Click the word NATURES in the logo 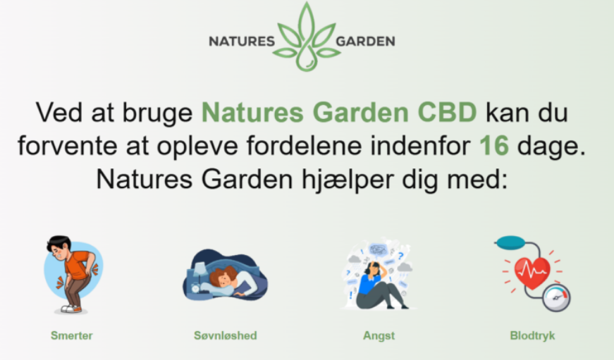pyautogui.click(x=242, y=41)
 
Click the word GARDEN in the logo pyautogui.click(x=365, y=41)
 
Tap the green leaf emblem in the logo pyautogui.click(x=306, y=37)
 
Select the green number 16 pyautogui.click(x=494, y=146)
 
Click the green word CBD pyautogui.click(x=447, y=112)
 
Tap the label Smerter pyautogui.click(x=72, y=335)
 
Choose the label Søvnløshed pyautogui.click(x=226, y=335)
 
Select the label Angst pyautogui.click(x=379, y=336)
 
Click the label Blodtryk pyautogui.click(x=532, y=336)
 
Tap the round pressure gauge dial pyautogui.click(x=556, y=298)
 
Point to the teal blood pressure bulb pyautogui.click(x=510, y=242)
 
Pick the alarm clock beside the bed pyautogui.click(x=195, y=289)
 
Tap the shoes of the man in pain pyautogui.click(x=72, y=309)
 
